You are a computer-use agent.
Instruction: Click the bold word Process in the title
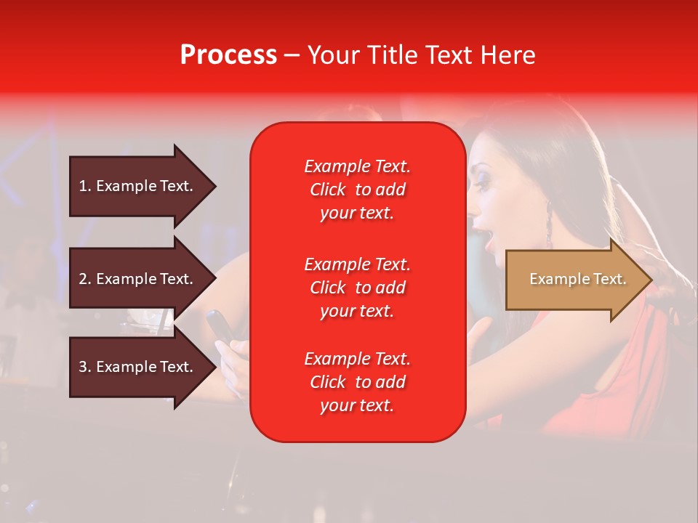(228, 55)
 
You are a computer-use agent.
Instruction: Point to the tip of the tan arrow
(649, 280)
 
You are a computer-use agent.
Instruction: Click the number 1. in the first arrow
(84, 186)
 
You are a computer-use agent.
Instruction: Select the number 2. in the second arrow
(84, 279)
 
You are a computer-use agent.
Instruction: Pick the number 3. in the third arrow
(84, 367)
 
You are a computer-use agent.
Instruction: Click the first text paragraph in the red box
(357, 190)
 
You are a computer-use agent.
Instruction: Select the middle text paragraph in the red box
(357, 288)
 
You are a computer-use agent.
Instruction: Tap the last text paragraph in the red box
(357, 382)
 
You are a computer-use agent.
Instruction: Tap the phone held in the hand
(220, 326)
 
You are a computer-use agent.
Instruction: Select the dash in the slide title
(292, 55)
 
